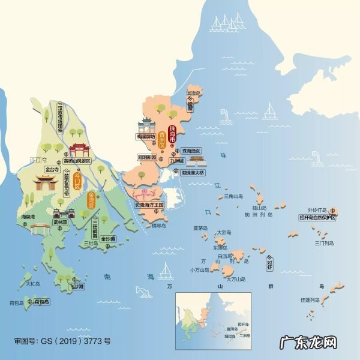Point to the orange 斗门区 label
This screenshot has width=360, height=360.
coord(77,178)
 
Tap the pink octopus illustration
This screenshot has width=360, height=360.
coord(144,194)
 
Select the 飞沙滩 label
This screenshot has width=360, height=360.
coord(76,287)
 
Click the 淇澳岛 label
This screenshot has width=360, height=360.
coord(193,94)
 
